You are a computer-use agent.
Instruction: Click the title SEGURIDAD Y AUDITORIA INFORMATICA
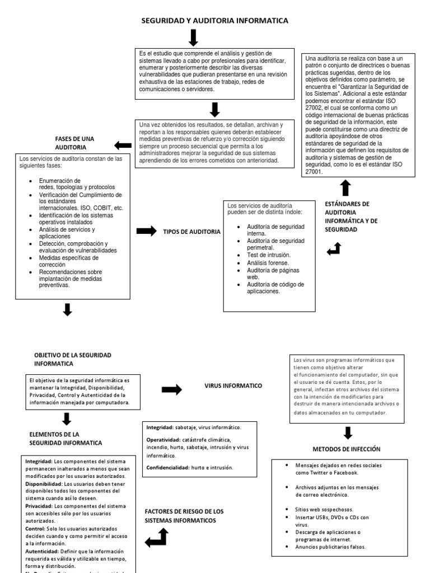(214, 21)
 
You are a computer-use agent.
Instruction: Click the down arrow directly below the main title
(193, 37)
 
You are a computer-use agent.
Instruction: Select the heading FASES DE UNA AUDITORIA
(74, 143)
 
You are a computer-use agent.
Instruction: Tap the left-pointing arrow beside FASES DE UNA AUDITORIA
(123, 145)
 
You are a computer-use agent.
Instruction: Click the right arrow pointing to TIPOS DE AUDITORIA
(146, 231)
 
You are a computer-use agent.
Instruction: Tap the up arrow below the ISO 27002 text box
(345, 187)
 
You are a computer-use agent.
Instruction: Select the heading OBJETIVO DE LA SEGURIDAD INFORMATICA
(73, 359)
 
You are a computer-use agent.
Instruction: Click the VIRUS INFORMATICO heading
(233, 386)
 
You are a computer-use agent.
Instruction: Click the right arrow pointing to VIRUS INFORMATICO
(171, 389)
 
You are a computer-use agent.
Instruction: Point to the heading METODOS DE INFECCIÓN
(346, 449)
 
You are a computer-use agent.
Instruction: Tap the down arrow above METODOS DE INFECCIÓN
(348, 432)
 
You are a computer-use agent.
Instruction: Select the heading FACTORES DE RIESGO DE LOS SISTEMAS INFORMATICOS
(184, 516)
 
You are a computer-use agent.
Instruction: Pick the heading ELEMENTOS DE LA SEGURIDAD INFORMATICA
(66, 438)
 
